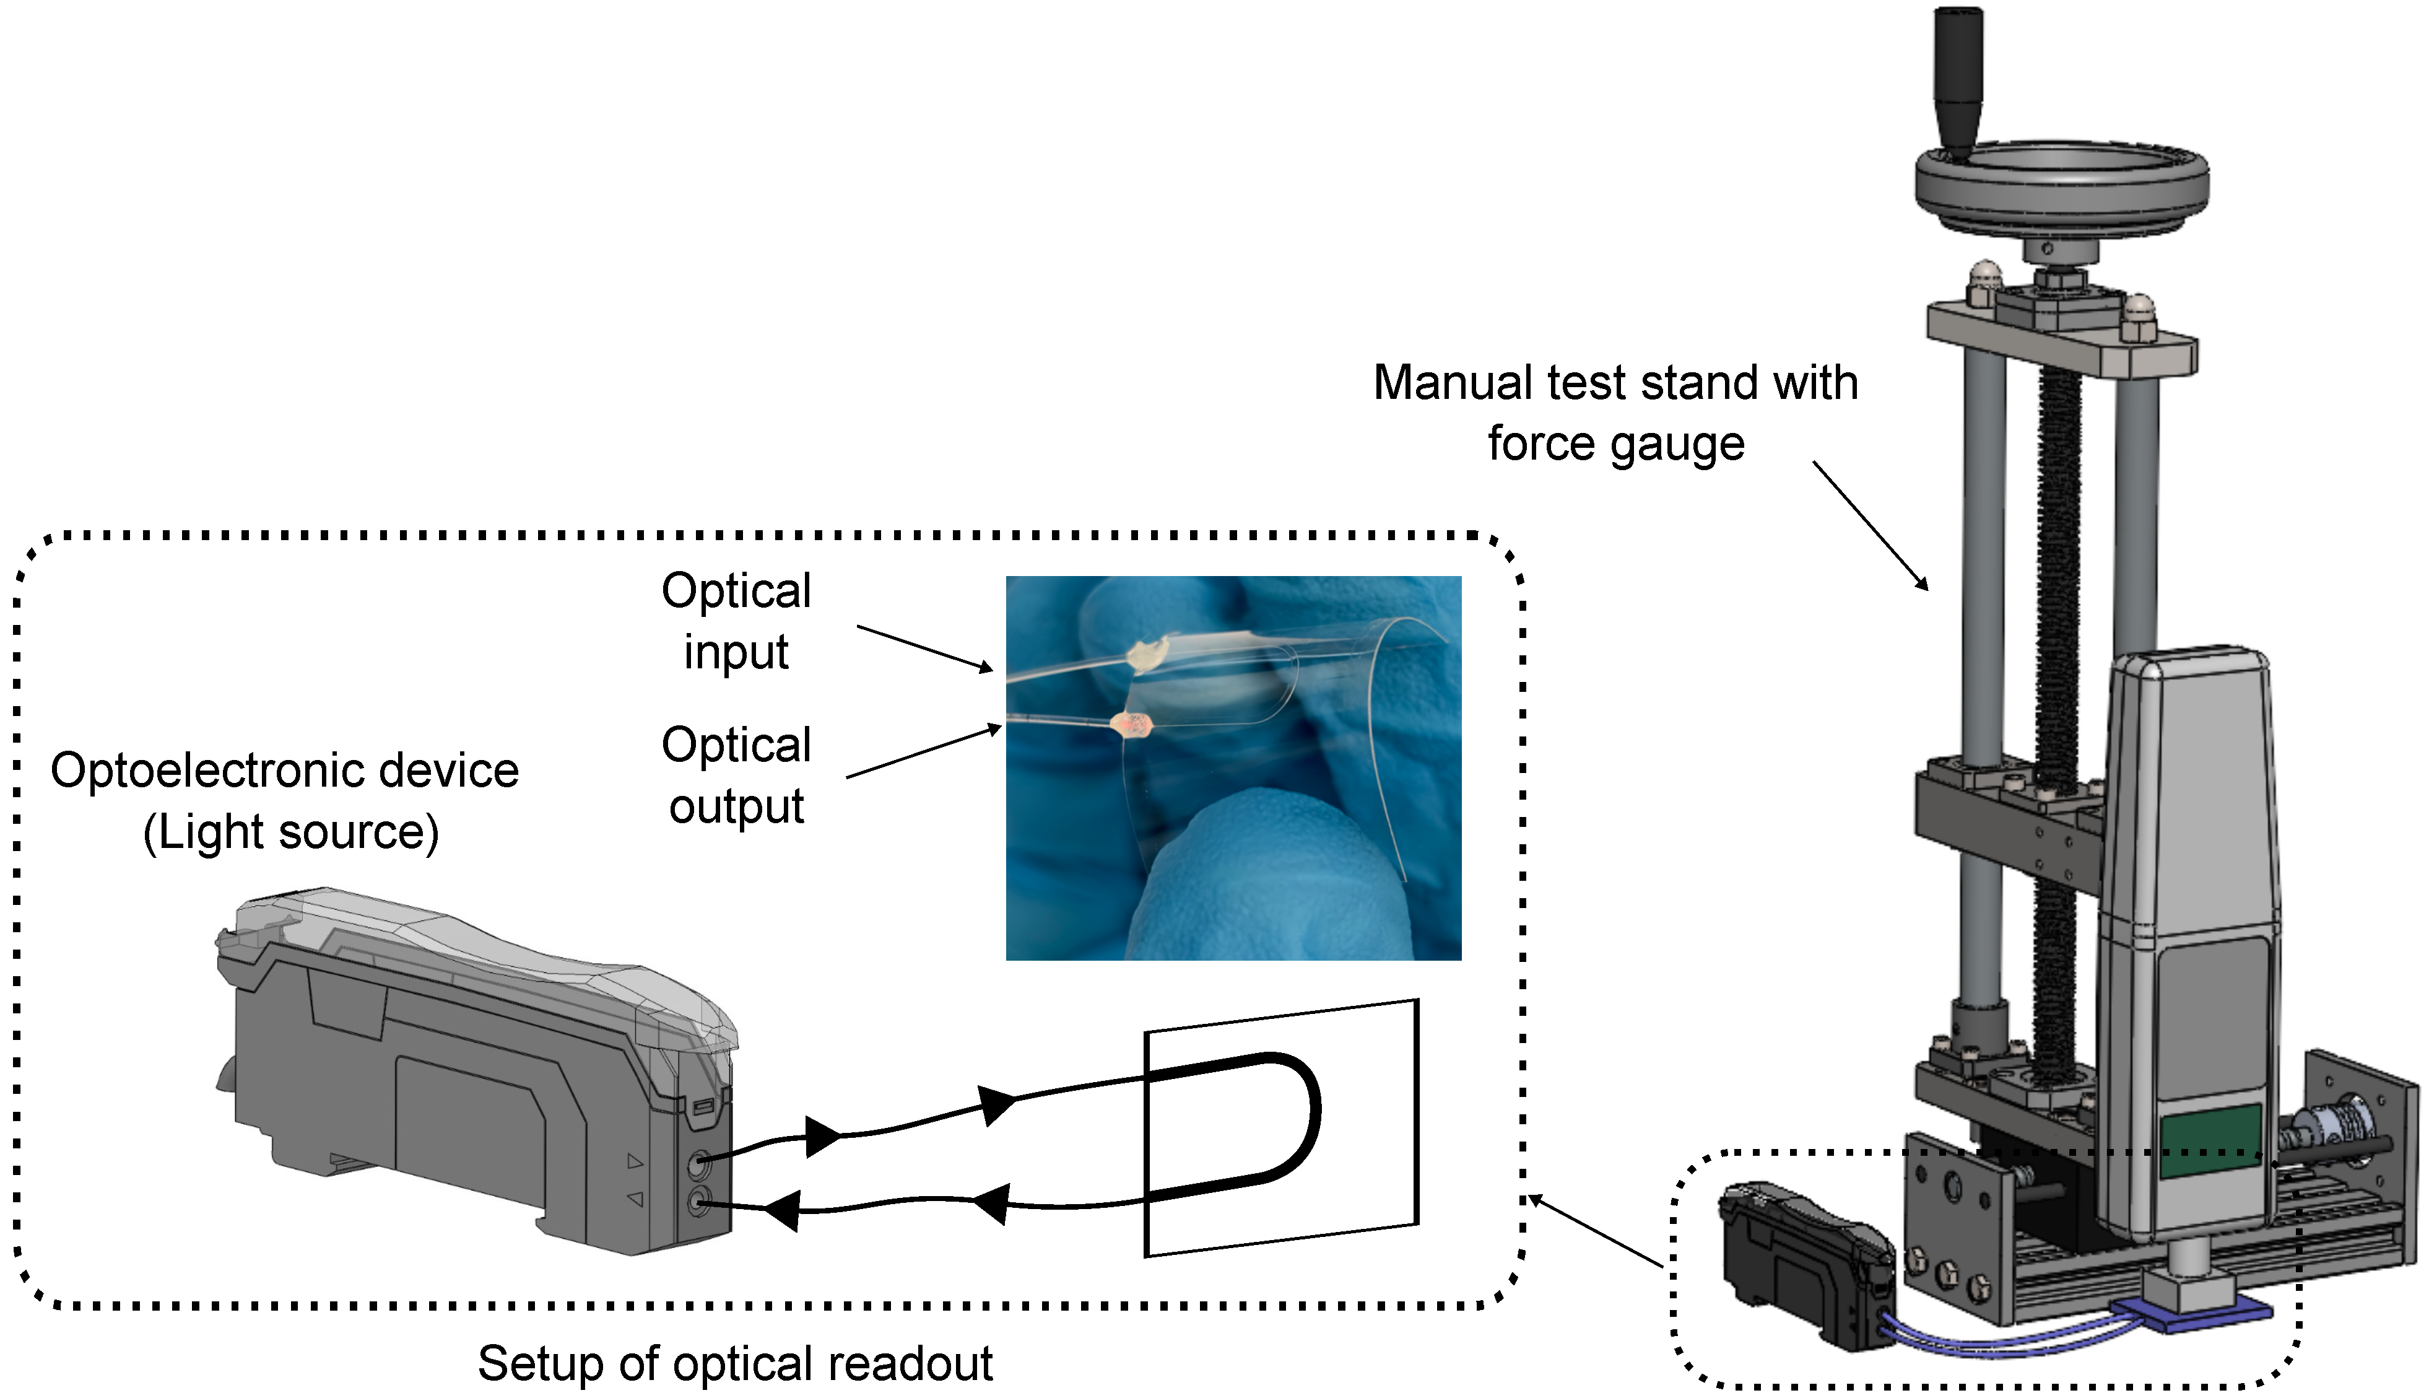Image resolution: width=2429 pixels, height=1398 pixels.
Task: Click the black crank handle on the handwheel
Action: pos(1957,82)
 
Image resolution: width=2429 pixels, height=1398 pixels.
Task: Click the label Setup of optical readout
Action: pos(735,1363)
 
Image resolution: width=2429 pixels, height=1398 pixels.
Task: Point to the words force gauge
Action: pos(1616,443)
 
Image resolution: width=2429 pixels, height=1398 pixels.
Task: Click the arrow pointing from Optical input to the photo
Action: pos(924,648)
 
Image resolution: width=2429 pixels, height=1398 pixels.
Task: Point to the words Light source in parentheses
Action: pos(291,831)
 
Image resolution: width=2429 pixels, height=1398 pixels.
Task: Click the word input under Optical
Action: pos(736,652)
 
